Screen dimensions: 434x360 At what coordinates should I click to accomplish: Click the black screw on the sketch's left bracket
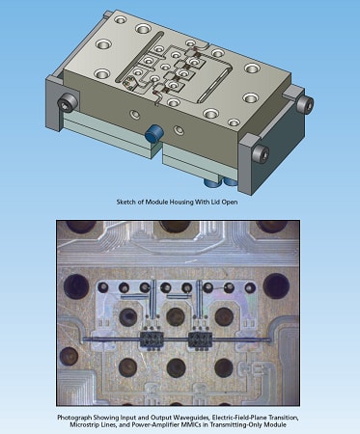(67, 101)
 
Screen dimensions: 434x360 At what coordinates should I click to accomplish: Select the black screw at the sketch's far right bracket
(305, 100)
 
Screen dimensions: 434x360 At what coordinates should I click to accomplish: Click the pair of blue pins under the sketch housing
(213, 177)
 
